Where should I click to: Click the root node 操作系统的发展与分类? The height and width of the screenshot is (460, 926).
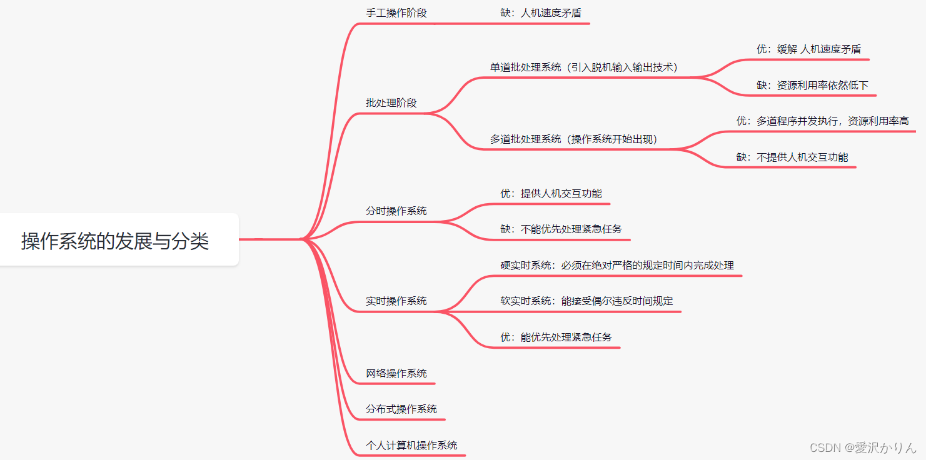point(116,241)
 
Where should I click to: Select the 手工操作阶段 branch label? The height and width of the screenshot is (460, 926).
point(396,13)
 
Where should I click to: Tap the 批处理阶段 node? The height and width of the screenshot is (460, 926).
point(391,103)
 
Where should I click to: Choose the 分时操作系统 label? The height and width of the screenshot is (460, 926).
point(396,211)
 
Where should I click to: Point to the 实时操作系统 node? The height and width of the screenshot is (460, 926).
point(396,301)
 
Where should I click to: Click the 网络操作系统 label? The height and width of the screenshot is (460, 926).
point(396,374)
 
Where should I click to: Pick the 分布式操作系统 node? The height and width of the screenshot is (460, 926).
point(401,409)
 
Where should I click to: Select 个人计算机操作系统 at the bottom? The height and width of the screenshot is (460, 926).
point(411,446)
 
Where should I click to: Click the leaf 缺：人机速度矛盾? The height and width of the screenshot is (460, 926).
point(542,13)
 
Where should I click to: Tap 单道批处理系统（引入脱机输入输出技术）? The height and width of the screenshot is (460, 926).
point(584,67)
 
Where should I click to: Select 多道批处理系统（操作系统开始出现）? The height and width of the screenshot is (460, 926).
point(574,139)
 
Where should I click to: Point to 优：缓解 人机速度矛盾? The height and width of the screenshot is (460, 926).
point(808,49)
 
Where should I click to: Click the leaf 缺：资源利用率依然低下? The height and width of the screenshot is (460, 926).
point(812,86)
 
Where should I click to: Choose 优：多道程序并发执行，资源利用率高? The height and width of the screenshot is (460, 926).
point(822,121)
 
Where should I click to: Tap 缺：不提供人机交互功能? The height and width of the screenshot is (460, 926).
point(792,157)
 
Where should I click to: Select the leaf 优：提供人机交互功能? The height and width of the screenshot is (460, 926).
point(551,194)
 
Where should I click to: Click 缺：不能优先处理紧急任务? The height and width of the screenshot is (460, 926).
point(561,229)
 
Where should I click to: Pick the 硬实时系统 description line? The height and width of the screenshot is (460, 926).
point(617,266)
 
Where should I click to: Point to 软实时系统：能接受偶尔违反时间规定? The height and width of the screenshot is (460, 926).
point(586,301)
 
